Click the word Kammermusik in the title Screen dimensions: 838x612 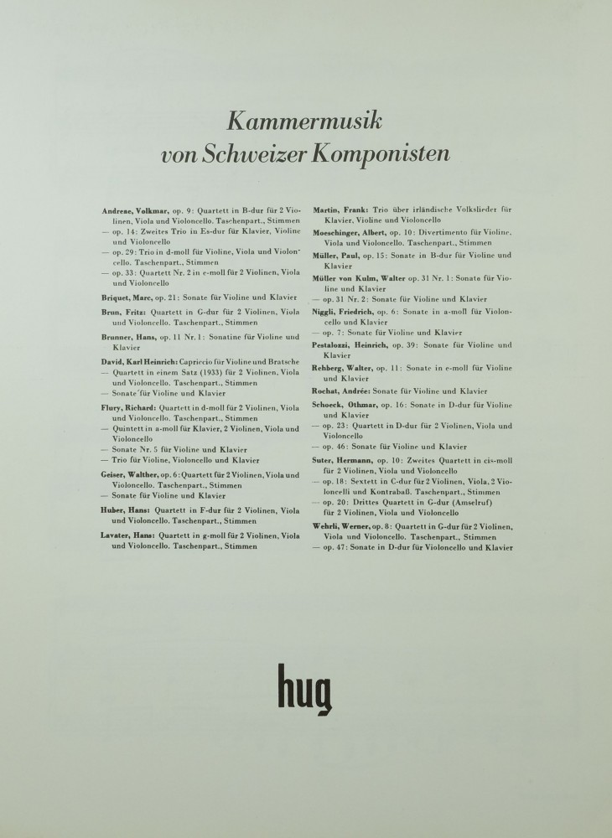pos(305,122)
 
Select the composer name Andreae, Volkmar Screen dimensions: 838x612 pos(136,209)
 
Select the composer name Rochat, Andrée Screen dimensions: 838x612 pos(341,391)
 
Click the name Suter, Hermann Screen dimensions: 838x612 pos(340,461)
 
